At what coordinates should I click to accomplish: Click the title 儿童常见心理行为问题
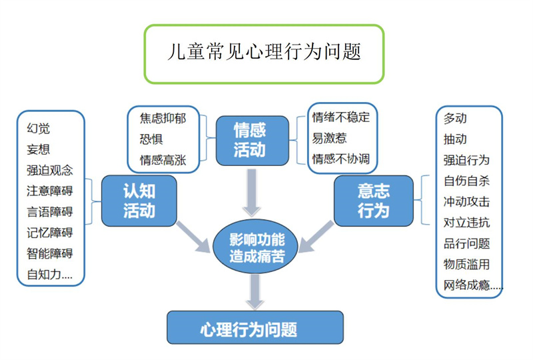(x=264, y=53)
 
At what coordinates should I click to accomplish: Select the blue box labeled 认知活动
(x=139, y=201)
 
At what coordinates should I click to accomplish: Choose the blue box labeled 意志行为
(x=373, y=201)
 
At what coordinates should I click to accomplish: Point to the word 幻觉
(x=39, y=128)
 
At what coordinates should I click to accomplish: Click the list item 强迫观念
(x=50, y=169)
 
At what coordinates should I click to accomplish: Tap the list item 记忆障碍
(x=50, y=232)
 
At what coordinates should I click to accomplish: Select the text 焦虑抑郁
(x=163, y=119)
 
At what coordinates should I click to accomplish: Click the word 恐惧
(x=151, y=139)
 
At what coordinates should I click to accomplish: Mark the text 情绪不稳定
(x=340, y=118)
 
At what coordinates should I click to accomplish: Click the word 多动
(x=455, y=118)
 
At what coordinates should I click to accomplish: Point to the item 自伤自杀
(x=466, y=180)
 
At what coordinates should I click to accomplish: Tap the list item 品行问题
(x=466, y=243)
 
